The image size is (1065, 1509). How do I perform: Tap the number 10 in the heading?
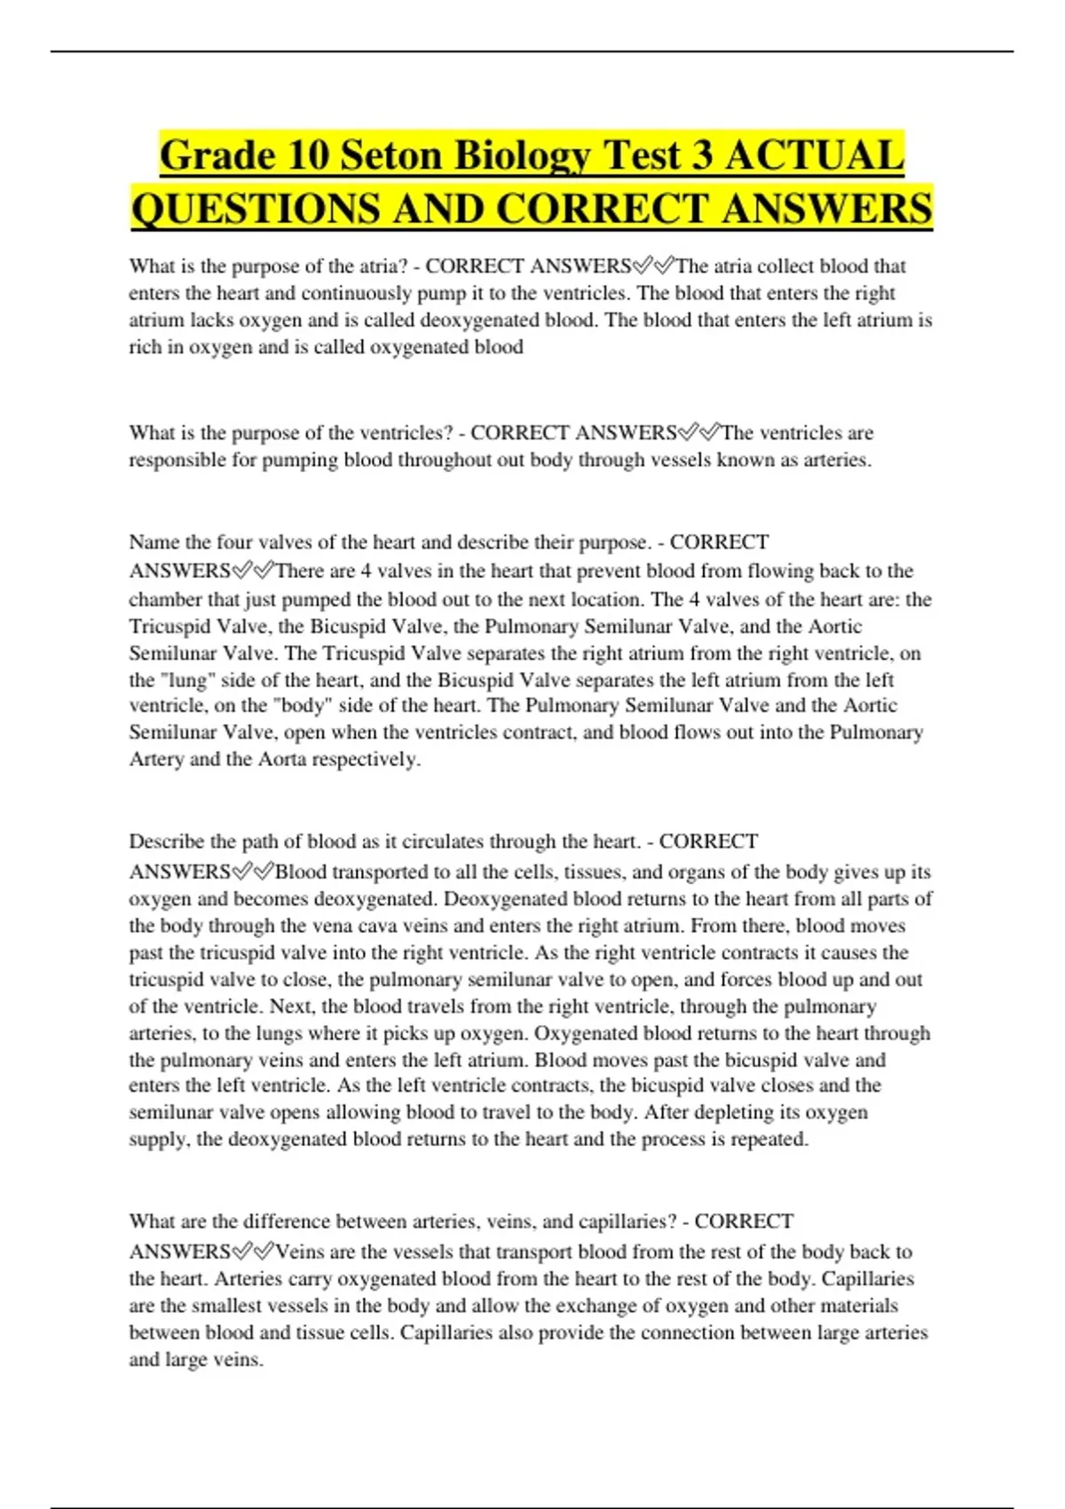click(x=308, y=156)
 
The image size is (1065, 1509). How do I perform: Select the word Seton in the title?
click(x=391, y=156)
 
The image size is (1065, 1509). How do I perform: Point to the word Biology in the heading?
click(x=523, y=156)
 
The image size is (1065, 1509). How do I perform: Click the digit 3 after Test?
click(x=701, y=156)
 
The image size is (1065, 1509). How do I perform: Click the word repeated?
click(x=769, y=1139)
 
